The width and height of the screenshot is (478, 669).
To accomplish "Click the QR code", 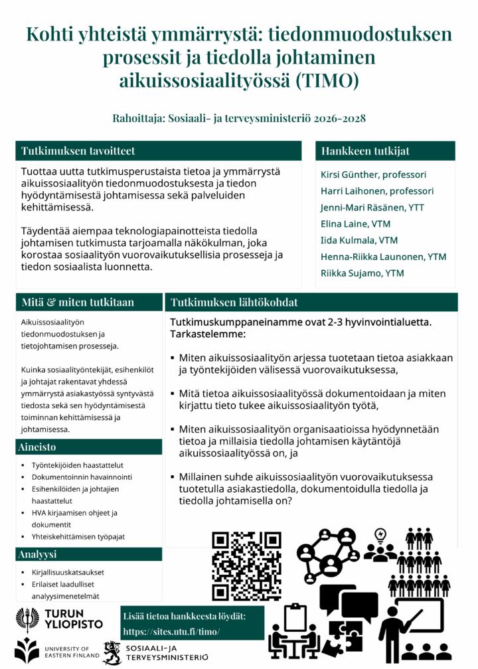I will [x=246, y=565].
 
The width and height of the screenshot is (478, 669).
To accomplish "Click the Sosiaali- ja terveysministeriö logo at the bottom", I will [x=155, y=651].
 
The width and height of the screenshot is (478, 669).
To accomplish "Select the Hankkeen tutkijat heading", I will [x=365, y=151].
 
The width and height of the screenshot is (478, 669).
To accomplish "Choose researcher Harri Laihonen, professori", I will [x=377, y=191].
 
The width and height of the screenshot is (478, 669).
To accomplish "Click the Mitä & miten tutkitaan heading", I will [x=78, y=302].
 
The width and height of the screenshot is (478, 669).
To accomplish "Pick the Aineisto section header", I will [x=39, y=447].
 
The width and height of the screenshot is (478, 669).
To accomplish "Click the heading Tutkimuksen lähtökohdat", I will [x=234, y=302].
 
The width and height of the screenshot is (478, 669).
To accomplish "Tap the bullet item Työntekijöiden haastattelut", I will [x=78, y=465].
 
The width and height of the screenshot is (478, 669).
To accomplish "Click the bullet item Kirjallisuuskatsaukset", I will [x=67, y=572].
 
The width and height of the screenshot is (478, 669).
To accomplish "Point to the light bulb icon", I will [x=380, y=534].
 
